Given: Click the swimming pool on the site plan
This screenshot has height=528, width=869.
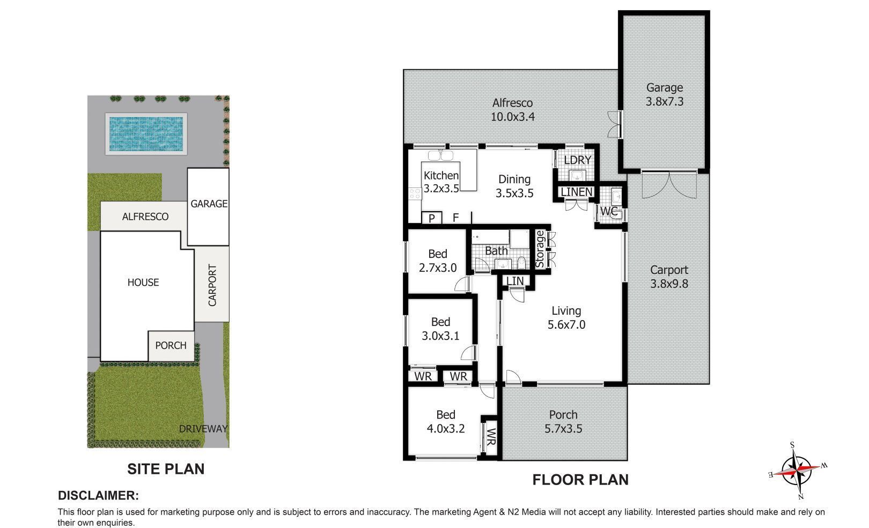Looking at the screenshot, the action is [146, 134].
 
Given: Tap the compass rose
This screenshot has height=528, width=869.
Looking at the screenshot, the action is [797, 471].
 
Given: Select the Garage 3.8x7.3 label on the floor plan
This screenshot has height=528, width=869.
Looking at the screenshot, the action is [664, 95].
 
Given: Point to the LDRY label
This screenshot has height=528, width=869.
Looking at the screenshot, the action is [577, 160].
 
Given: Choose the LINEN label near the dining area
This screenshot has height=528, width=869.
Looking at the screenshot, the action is [577, 192].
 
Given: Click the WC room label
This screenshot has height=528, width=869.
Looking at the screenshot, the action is [608, 211].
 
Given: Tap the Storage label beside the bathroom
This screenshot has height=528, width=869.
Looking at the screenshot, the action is [540, 249].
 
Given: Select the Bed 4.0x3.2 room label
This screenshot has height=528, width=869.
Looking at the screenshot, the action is [445, 422].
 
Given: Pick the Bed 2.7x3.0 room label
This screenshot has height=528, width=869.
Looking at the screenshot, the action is [438, 261].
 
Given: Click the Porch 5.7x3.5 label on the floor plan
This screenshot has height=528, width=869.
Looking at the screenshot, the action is [563, 422].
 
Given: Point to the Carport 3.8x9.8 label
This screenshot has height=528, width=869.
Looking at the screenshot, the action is [669, 277].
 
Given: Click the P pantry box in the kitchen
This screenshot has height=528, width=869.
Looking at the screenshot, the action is [431, 218].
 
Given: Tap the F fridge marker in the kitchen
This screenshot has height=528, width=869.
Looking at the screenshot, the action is [456, 218].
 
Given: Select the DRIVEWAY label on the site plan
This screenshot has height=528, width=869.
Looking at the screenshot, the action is [203, 429].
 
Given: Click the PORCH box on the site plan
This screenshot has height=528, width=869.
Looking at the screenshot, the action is [171, 346].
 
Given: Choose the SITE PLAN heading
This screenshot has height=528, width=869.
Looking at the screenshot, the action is [166, 469].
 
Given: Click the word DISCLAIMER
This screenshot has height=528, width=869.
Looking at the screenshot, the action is [98, 495].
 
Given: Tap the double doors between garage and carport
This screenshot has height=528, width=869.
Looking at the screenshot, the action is [669, 185].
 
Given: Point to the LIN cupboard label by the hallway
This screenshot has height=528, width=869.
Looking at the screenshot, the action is [515, 281].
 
